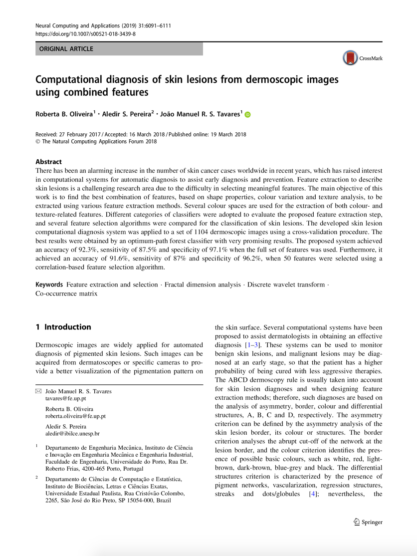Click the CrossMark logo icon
[x=351, y=58]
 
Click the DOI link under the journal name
[x=85, y=34]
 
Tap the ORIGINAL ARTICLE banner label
[x=66, y=49]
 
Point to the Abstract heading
[x=48, y=162]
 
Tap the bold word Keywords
[x=49, y=284]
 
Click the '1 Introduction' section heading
[x=63, y=327]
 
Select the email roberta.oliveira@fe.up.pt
[x=75, y=416]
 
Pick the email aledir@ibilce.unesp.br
[x=72, y=434]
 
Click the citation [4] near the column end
[x=312, y=494]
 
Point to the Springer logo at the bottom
[x=368, y=522]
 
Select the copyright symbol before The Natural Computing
[x=38, y=141]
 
